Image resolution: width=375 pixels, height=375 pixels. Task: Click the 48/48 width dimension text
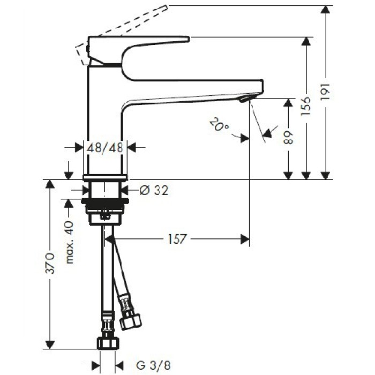[106, 147]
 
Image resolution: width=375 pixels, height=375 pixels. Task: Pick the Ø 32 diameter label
[153, 190]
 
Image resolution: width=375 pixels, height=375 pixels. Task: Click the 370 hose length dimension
[50, 263]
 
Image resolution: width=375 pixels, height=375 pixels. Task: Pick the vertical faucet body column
[106, 118]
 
